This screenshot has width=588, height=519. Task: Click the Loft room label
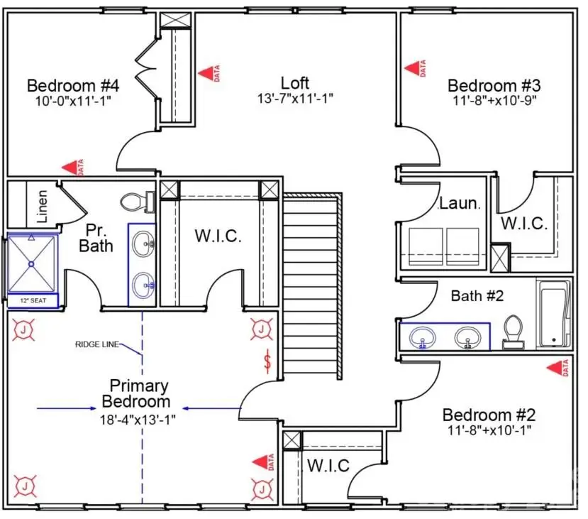pos(295,83)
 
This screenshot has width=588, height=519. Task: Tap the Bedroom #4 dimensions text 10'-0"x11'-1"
pos(73,101)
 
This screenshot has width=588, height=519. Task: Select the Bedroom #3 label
pos(494,86)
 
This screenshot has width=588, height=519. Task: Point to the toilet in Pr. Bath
pos(138,202)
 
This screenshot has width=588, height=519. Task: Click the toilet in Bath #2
pos(513,332)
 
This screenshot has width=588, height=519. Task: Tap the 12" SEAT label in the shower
pos(33,300)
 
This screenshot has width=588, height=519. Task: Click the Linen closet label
pos(43,206)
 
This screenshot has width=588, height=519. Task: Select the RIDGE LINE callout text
pos(97,344)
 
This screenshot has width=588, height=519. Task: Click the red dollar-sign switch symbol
pos(267,361)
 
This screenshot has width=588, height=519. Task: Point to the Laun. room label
pos(460,203)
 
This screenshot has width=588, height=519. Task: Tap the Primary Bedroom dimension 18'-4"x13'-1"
pos(138,419)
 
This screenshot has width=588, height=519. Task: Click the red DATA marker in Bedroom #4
pos(73,168)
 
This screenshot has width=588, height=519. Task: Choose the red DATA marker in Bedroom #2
pos(558,368)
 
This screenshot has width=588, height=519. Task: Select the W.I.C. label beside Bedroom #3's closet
pos(524,223)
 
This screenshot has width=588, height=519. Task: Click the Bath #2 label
pos(477,296)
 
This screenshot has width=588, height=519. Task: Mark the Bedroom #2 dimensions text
pos(489,430)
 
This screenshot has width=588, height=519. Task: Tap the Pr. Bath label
pos(96,238)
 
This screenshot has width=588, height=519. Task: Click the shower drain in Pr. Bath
pos(31,264)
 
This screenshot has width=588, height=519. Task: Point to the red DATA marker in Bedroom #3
pos(416,68)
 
